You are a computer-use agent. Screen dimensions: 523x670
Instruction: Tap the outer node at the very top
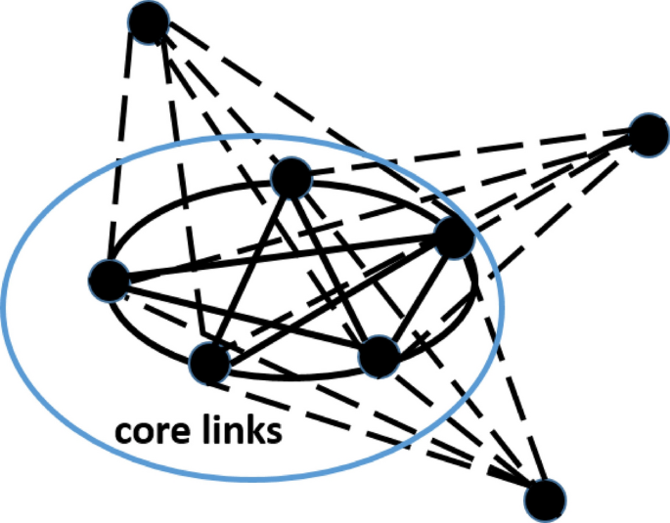coord(150,22)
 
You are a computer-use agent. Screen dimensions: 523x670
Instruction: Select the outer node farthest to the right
coord(648,134)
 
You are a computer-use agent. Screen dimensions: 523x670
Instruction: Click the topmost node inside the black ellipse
coord(291,178)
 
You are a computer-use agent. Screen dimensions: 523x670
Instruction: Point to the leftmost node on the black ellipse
coord(109,281)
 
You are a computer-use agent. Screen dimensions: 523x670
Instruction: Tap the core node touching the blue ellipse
coord(454,238)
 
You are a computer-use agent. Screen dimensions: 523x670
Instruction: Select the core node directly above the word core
coord(208,363)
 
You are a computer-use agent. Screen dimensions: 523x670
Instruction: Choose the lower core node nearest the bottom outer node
coord(379,357)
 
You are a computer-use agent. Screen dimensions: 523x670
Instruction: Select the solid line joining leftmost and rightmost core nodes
coord(284,258)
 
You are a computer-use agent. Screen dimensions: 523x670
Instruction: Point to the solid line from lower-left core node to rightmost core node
coord(333,299)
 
